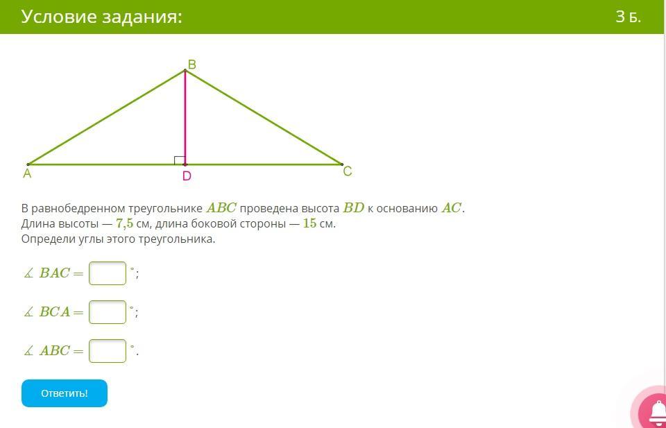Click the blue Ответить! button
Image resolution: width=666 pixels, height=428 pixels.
click(65, 393)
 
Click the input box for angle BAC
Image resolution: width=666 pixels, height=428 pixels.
click(108, 273)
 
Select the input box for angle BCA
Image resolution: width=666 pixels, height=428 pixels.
click(108, 312)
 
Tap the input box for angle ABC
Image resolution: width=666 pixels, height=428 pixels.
click(108, 351)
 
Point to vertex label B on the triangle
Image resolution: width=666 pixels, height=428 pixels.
click(192, 65)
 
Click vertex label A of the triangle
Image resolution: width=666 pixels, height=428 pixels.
click(27, 173)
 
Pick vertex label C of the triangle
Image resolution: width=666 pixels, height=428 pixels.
click(348, 171)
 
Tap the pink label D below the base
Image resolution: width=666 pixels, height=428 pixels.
click(187, 176)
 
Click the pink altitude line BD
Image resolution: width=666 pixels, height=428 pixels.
click(185, 117)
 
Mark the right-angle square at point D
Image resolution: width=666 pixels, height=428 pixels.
click(180, 160)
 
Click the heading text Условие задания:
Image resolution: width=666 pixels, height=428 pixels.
click(101, 17)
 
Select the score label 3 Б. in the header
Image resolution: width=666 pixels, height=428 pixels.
click(629, 17)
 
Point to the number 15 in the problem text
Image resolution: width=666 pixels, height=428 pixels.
click(309, 224)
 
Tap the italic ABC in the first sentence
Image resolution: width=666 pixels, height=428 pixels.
click(221, 208)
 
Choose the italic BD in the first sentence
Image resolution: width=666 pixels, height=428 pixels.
click(354, 208)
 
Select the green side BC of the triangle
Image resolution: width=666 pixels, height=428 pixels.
click(264, 117)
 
